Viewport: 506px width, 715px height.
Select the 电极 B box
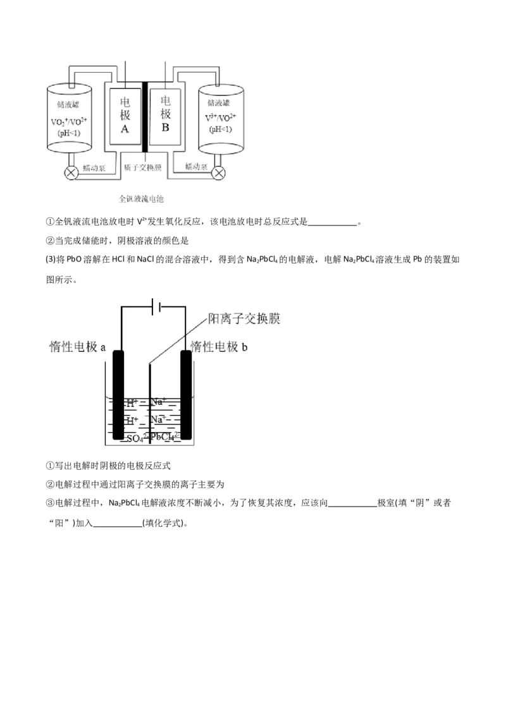(166, 116)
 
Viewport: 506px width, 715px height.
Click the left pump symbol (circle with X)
(71, 172)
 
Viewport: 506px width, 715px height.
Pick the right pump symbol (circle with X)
(219, 172)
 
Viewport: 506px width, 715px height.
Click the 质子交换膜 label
(143, 168)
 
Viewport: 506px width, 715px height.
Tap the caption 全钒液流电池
(141, 198)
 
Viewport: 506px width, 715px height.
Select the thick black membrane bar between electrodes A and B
(145, 117)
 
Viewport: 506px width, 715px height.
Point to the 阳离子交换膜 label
(244, 319)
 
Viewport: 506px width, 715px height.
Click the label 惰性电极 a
(77, 347)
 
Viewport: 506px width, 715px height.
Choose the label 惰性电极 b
(218, 346)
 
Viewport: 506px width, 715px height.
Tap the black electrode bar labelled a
(118, 394)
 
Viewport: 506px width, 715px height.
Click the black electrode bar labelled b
(186, 394)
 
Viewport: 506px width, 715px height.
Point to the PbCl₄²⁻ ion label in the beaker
(165, 437)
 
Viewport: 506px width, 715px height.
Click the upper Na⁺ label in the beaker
(159, 402)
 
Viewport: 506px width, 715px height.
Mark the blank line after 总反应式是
(333, 223)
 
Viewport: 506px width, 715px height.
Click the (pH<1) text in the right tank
(220, 129)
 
